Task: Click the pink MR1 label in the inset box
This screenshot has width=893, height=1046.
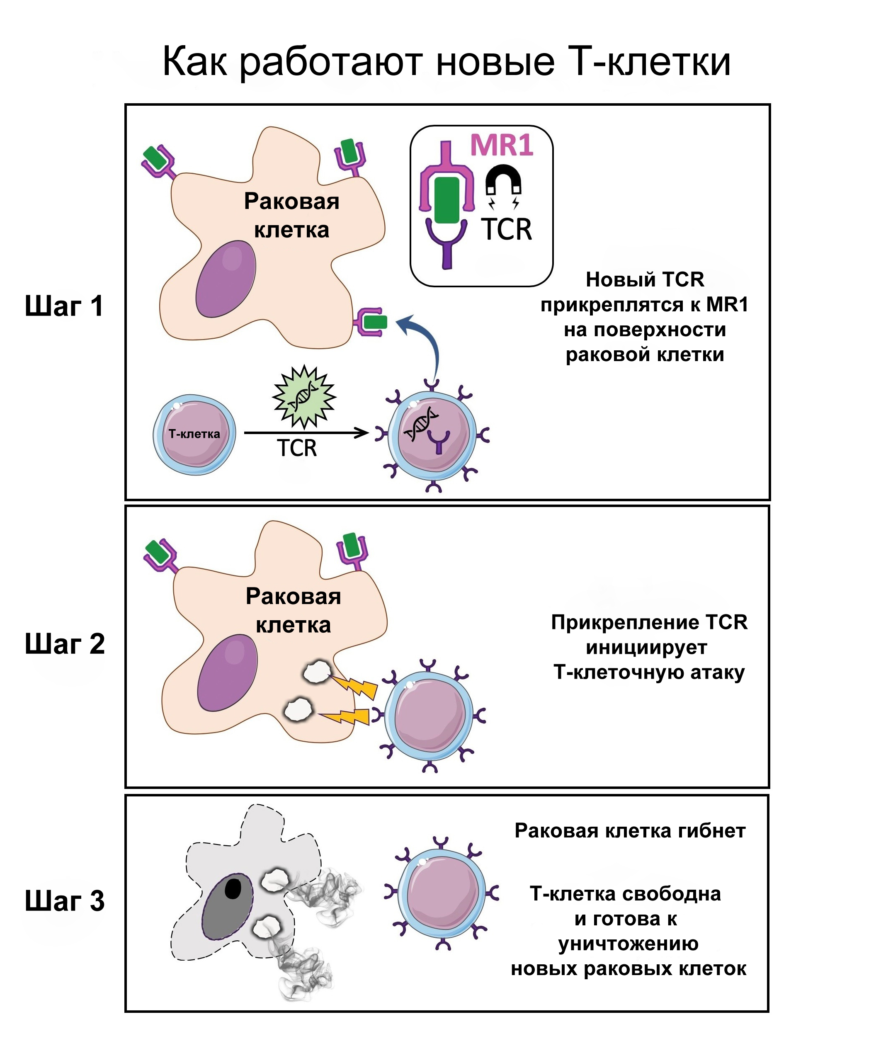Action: pyautogui.click(x=501, y=146)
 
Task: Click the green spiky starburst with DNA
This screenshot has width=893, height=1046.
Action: pyautogui.click(x=304, y=397)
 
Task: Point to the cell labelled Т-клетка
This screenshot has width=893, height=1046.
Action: pyautogui.click(x=194, y=434)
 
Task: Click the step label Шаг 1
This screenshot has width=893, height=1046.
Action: pyautogui.click(x=64, y=306)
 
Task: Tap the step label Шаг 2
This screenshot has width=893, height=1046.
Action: pyautogui.click(x=65, y=644)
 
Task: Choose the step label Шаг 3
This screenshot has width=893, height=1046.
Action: pyautogui.click(x=65, y=900)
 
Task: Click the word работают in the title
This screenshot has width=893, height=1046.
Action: pyautogui.click(x=331, y=62)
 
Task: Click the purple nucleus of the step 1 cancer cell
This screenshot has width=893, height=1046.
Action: pyautogui.click(x=226, y=279)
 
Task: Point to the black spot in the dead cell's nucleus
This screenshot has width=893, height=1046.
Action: pyautogui.click(x=233, y=888)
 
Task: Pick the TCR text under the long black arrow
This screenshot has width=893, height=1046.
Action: pyautogui.click(x=297, y=448)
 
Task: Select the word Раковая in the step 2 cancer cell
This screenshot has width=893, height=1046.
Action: pyautogui.click(x=293, y=596)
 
